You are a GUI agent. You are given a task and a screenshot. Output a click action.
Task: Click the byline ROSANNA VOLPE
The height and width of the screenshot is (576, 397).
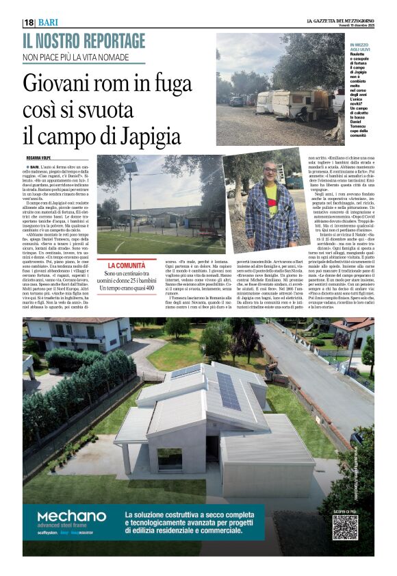pyautogui.click(x=40, y=158)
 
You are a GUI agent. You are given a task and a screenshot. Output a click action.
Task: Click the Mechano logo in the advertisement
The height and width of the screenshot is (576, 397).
pyautogui.click(x=71, y=517)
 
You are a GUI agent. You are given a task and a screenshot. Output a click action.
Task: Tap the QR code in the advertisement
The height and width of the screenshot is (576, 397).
pyautogui.click(x=345, y=527)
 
